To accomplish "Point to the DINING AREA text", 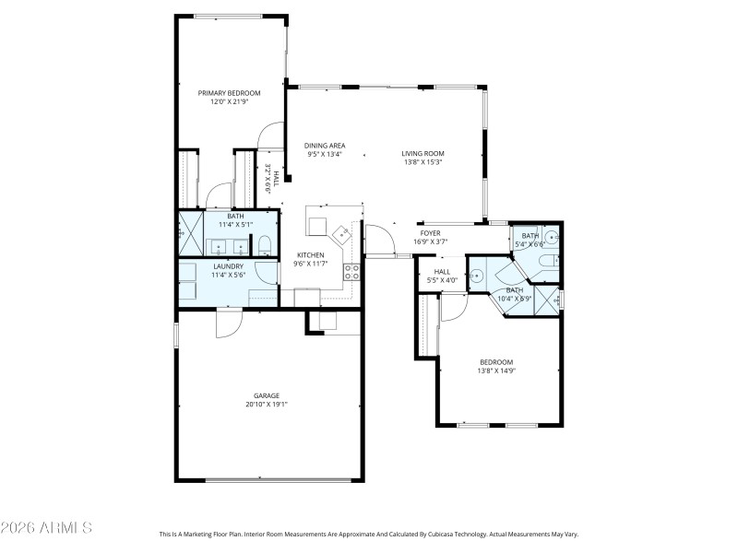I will click(325, 146).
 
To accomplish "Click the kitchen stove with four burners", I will click(351, 271).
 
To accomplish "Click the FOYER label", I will click(431, 233).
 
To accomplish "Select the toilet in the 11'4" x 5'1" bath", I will click(263, 245).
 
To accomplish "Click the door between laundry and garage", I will click(228, 322).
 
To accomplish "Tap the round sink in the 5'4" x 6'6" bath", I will click(551, 238).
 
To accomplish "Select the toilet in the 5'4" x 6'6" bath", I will click(547, 264).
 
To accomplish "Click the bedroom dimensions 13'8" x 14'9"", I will click(496, 371).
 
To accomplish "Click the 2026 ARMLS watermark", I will click(46, 528).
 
